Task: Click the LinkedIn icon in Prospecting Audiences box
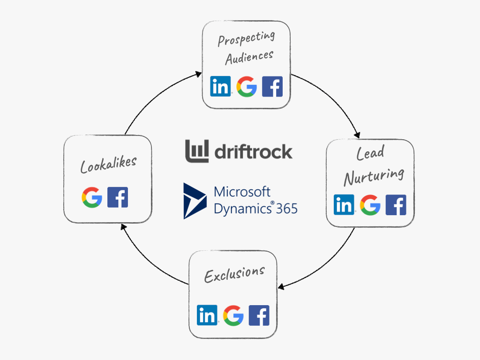[x=220, y=86]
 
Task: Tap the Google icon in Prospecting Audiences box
[x=247, y=86]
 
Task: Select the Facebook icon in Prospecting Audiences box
[x=272, y=86]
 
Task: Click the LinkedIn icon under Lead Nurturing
[x=344, y=205]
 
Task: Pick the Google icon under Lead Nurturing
[x=370, y=205]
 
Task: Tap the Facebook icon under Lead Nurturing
[x=396, y=205]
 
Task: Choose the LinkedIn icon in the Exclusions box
[x=207, y=315]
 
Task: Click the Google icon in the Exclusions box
[x=233, y=315]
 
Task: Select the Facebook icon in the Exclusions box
[x=259, y=315]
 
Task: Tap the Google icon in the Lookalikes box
[x=92, y=197]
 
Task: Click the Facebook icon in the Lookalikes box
[x=118, y=197]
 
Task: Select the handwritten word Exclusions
[x=234, y=275]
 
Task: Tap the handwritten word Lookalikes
[x=108, y=164]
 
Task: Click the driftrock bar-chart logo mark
[x=197, y=151]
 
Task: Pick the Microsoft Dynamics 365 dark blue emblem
[x=195, y=201]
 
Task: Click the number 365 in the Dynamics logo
[x=287, y=208]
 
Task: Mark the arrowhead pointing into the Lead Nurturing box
[x=358, y=135]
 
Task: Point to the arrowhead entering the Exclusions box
[x=280, y=286]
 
